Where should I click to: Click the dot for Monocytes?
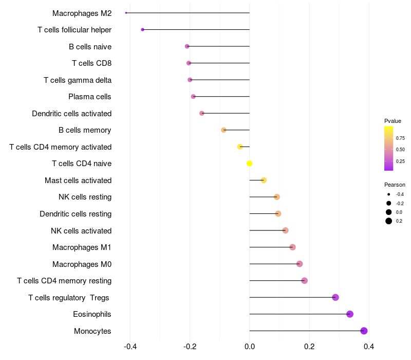[364, 331]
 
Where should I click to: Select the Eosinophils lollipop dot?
[350, 314]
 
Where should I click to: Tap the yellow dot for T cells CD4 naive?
[250, 164]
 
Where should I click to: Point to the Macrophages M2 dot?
[126, 13]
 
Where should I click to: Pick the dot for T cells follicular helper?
[142, 30]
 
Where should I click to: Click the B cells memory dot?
[223, 130]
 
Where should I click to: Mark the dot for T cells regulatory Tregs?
[335, 297]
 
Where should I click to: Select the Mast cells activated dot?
[264, 180]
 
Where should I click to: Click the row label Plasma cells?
[90, 97]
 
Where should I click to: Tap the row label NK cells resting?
[85, 197]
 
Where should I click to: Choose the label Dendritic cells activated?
[71, 113]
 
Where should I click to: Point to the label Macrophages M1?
[82, 247]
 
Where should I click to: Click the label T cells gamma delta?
[78, 80]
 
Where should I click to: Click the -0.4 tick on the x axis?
[130, 347]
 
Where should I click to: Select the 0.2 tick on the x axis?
[309, 347]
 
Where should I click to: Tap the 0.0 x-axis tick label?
[250, 347]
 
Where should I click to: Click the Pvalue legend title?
[393, 121]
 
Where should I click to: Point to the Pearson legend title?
[395, 185]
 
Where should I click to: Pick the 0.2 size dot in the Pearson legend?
[389, 221]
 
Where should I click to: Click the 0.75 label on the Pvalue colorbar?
[400, 138]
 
